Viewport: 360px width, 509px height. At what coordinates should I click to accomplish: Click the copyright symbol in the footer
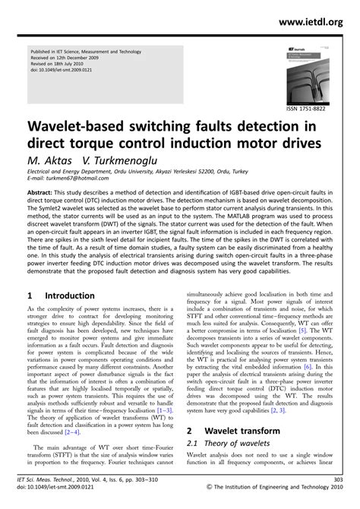[x=210, y=499]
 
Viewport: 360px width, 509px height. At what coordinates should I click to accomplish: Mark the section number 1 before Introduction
[x=29, y=294]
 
